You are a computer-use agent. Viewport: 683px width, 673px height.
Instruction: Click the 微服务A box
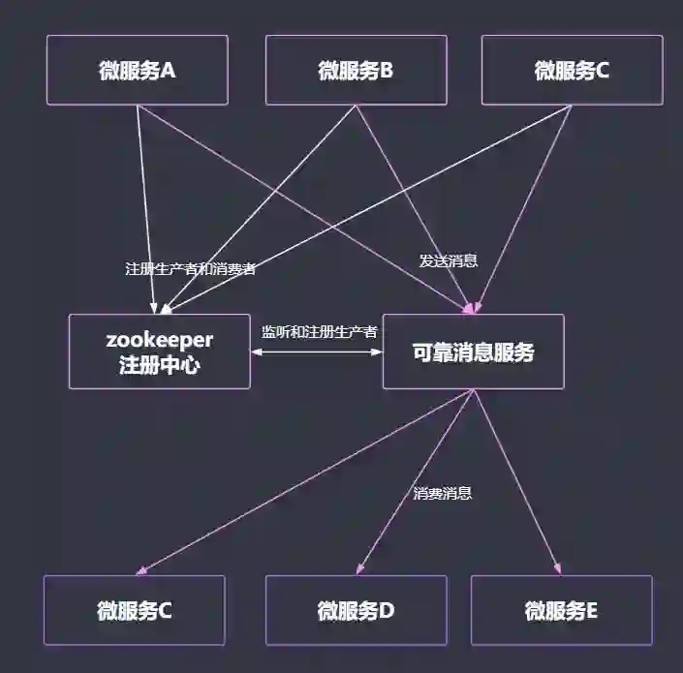[x=137, y=70]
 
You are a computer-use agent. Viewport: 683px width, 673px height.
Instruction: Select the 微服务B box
[x=356, y=70]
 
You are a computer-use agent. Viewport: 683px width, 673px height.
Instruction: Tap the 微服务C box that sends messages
[x=572, y=70]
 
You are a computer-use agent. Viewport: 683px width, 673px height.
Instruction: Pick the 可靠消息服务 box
[x=473, y=352]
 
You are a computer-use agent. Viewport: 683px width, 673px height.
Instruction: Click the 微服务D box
[x=356, y=610]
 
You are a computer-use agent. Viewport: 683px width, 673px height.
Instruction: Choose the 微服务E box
[x=561, y=610]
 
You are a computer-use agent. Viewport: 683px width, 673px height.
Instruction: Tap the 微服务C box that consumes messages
[x=134, y=610]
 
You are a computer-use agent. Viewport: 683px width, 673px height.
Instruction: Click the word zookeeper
[x=159, y=340]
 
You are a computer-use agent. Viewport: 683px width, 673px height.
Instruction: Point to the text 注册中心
[x=159, y=365]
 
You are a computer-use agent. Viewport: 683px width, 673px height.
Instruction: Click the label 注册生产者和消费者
[x=190, y=269]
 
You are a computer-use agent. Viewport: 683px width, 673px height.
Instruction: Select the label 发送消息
[x=448, y=260]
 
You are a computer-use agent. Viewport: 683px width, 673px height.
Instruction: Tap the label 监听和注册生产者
[x=319, y=331]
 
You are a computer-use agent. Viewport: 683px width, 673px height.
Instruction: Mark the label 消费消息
[x=443, y=493]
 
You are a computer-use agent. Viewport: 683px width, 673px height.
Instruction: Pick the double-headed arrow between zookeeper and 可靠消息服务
[x=317, y=352]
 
